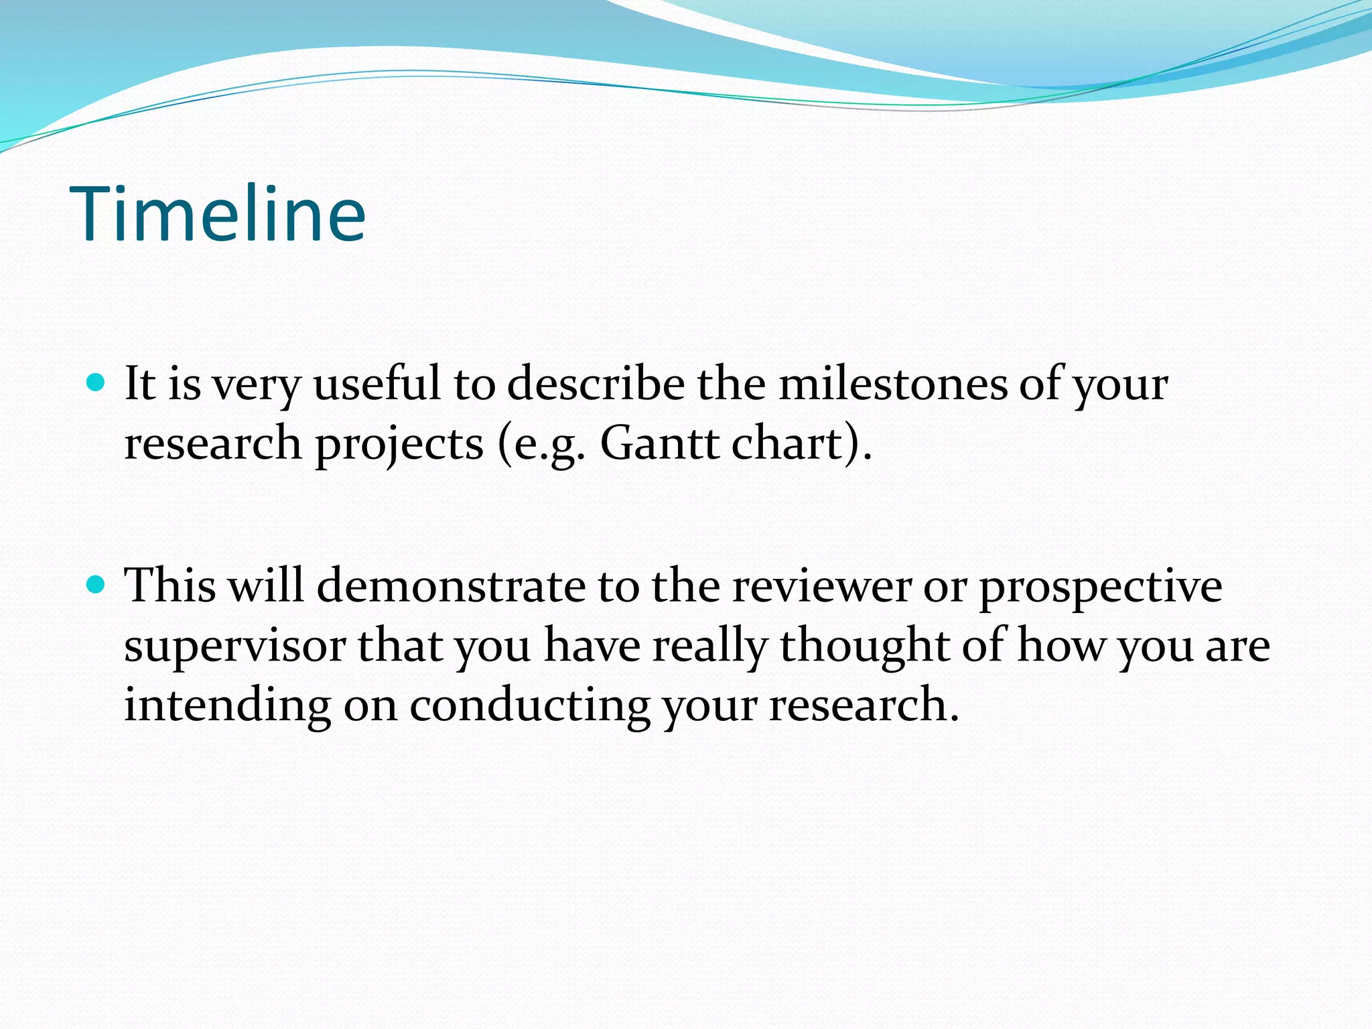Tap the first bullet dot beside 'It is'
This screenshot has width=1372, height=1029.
click(x=96, y=383)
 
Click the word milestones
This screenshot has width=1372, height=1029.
click(x=892, y=385)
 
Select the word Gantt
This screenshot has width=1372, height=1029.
click(x=659, y=443)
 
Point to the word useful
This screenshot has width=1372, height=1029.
click(x=377, y=385)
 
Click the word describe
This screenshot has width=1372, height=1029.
click(x=596, y=385)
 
